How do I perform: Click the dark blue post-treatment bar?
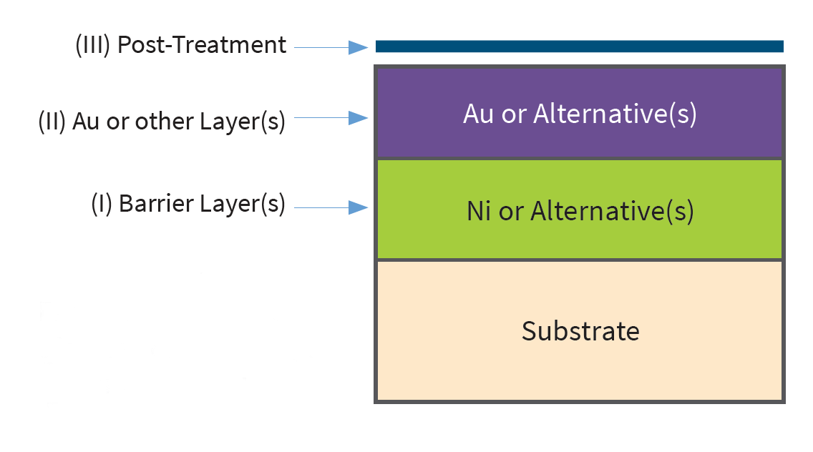[579, 46]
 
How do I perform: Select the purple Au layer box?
[579, 113]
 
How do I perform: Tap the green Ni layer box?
[579, 210]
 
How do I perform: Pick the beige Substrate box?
[579, 330]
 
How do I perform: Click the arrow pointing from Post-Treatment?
[331, 47]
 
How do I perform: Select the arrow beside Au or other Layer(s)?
[331, 118]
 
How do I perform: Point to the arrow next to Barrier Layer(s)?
[331, 207]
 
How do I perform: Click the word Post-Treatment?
[202, 44]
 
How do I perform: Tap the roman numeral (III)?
[93, 45]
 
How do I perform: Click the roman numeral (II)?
[52, 122]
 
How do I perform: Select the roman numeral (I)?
[102, 203]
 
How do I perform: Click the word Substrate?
[580, 330]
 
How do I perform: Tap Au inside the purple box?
[479, 114]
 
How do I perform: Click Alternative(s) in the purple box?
[615, 114]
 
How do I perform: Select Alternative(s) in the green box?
[612, 212]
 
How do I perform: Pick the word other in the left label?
[165, 122]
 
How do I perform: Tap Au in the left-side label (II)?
[86, 122]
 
